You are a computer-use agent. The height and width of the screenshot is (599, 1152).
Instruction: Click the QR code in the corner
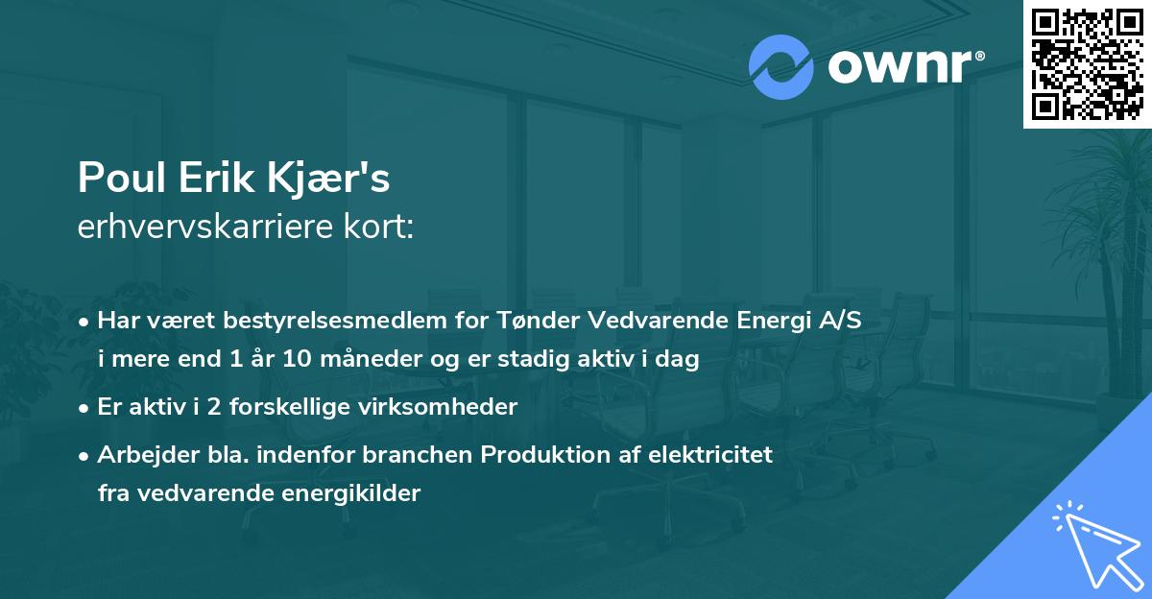tap(1088, 63)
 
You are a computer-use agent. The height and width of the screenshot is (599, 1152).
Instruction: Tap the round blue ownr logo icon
tap(781, 67)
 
